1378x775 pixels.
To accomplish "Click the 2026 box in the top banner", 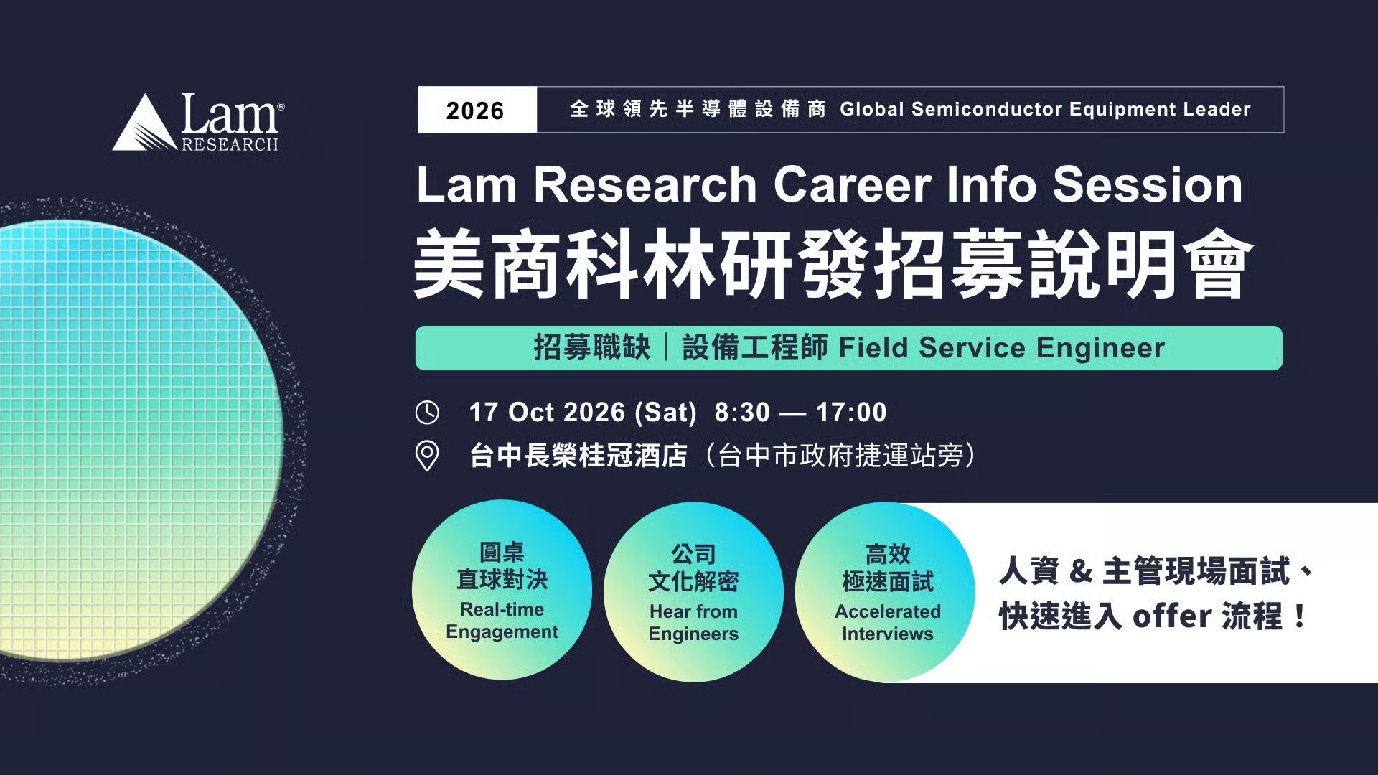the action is coord(477,110).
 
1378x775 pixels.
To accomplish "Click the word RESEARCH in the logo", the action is coord(230,144).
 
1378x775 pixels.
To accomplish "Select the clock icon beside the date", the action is coord(427,412).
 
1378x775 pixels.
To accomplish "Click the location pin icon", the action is coord(427,455).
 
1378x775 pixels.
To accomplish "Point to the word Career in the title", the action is coord(852,185).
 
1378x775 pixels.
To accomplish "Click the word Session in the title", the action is coord(1148,185).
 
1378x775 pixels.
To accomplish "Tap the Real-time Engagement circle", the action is coord(502,590).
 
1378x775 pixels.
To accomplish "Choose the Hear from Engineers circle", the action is coord(693,592).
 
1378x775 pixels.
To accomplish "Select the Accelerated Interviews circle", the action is coord(885,592).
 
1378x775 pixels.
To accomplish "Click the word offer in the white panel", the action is coord(1172,616).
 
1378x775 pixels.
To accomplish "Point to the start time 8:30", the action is coord(742,413).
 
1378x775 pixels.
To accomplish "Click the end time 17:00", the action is coord(851,413).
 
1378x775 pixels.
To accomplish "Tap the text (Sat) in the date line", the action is coord(665,413).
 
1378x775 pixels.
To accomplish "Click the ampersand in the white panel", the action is coord(1080,572).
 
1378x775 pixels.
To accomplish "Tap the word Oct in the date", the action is coord(531,413).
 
